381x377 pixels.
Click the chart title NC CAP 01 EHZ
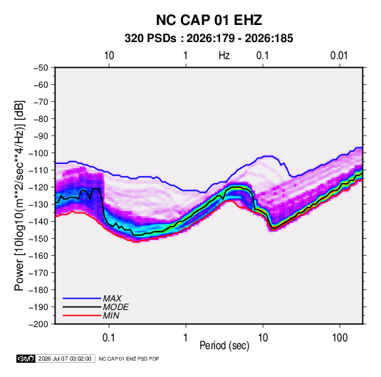(209, 20)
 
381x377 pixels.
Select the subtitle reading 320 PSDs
(150, 38)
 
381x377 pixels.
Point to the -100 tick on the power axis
(39, 153)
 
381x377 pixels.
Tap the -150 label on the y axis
(39, 239)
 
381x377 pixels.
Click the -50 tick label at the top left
(41, 68)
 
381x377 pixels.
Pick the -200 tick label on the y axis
(39, 324)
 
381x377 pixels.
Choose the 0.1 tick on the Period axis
(108, 338)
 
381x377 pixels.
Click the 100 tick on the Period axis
(340, 338)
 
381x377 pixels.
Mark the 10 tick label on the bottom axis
(263, 338)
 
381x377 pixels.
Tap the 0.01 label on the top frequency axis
(339, 56)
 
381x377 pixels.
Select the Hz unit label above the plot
(224, 56)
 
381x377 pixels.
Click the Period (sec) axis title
(224, 346)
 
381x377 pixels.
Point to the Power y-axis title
(19, 195)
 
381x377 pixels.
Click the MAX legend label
(113, 299)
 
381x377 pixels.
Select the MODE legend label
(115, 307)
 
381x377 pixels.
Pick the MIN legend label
(111, 316)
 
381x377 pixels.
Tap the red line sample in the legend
(82, 316)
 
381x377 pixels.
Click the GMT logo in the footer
(26, 358)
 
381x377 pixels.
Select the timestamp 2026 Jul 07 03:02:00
(65, 358)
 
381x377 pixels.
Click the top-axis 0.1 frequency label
(262, 56)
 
